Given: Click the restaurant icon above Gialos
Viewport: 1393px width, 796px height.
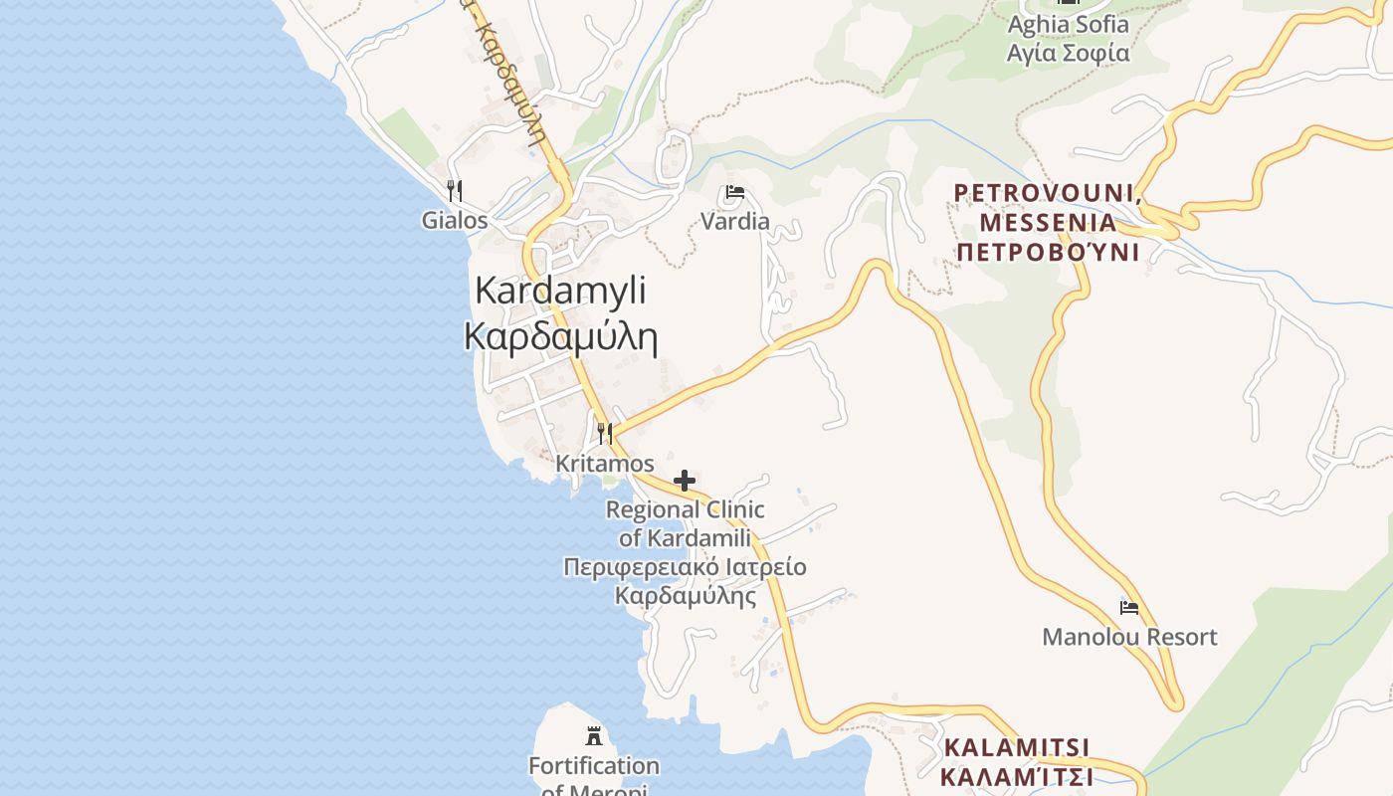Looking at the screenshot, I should (x=455, y=190).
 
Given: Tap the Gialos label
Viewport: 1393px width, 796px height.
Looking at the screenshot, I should (x=455, y=220).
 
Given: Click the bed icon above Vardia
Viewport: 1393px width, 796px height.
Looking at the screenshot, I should (x=735, y=192).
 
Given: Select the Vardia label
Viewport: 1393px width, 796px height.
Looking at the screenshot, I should (x=735, y=221).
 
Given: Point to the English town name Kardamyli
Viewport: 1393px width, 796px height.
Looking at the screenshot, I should (x=560, y=291).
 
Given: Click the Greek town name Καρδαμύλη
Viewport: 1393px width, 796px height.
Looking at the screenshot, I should (x=560, y=337).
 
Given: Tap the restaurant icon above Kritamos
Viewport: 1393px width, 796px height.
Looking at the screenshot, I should (x=605, y=433).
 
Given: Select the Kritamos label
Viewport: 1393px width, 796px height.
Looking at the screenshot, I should (x=605, y=464).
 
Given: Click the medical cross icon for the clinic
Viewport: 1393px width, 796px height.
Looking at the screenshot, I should (x=685, y=482).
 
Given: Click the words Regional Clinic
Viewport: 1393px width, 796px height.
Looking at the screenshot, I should (x=686, y=510).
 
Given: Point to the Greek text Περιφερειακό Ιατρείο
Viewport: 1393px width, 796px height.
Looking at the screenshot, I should (x=685, y=567).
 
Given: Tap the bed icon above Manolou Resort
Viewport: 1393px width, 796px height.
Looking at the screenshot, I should (x=1129, y=607).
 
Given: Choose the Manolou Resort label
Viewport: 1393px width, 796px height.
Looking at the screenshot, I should (x=1129, y=637).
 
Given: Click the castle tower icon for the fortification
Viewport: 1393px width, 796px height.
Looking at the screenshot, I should (x=594, y=736).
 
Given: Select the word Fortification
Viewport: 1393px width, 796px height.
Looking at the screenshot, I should (x=594, y=766).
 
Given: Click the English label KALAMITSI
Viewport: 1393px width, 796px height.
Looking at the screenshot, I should (x=1017, y=747).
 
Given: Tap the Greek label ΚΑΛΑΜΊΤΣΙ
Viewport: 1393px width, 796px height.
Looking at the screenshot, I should (x=1017, y=776).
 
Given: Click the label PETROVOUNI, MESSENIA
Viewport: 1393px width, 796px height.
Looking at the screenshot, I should (x=1048, y=207).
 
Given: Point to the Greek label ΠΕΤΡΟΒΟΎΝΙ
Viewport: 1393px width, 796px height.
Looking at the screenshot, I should (x=1048, y=251).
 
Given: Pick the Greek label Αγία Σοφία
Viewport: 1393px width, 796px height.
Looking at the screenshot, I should (x=1069, y=53).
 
